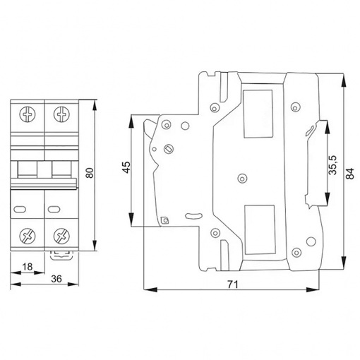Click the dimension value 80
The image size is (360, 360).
click(x=90, y=173)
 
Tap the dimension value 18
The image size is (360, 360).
click(x=28, y=267)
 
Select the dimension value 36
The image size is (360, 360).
click(x=56, y=279)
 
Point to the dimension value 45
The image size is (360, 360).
click(x=127, y=167)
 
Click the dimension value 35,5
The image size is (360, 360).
click(x=332, y=165)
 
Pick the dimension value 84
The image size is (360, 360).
click(x=350, y=174)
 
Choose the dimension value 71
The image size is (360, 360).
click(x=233, y=284)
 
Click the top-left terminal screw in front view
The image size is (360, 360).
click(x=28, y=115)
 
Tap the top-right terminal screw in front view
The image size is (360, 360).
click(x=61, y=115)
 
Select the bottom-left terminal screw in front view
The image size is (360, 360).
click(x=28, y=236)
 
